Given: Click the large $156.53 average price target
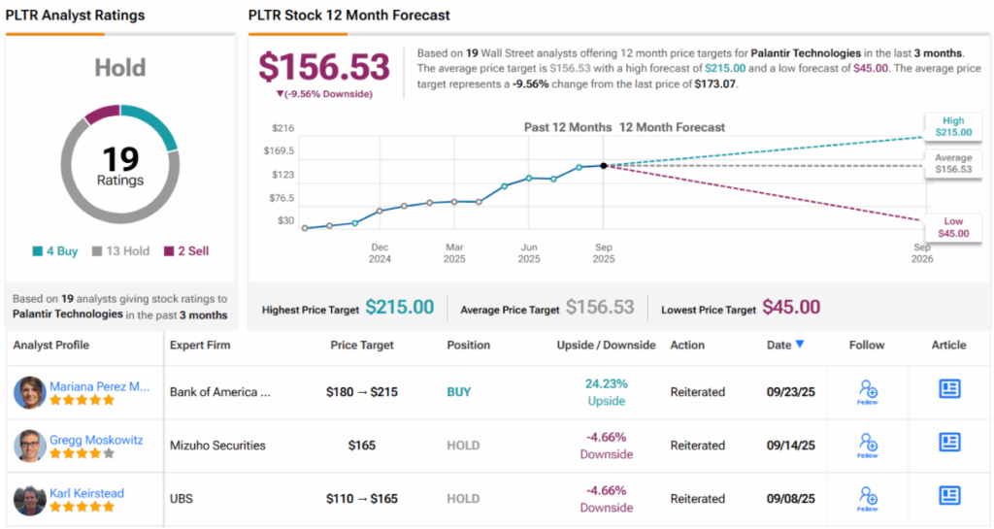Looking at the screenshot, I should pos(323,67).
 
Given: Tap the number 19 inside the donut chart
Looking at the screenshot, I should pos(120,159).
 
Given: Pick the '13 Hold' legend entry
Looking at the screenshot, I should pos(120,250).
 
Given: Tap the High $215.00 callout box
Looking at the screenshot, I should pos(951,126).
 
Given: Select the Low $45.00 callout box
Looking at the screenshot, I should pos(951,227).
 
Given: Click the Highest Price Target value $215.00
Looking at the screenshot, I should pos(400,308).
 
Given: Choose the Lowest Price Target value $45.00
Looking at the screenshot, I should pos(790,308).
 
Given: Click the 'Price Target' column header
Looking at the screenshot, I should pos(363,345).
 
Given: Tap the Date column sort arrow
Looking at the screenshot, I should pos(800,345).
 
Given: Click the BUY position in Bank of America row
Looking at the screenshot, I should pos(459,392).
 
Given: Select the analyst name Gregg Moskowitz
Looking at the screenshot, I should pos(96,440).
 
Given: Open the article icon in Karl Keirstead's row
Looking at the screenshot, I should pos(949,496).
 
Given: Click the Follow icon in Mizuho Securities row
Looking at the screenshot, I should pos(868,445).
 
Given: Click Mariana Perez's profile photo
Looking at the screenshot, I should pos(30,393).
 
